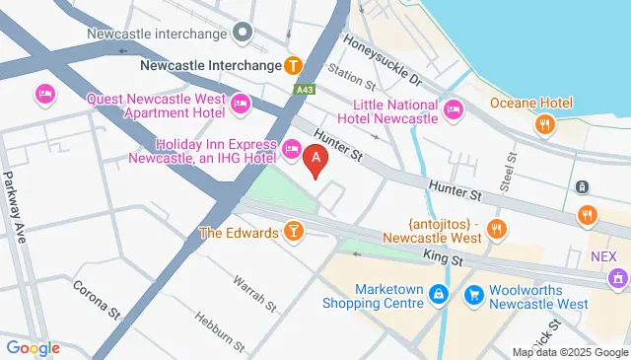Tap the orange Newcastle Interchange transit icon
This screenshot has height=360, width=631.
click(293, 66)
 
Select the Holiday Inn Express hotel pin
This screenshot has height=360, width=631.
click(291, 149)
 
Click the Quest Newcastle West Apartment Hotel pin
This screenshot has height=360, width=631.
click(240, 104)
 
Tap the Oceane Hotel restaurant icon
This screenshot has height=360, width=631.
click(543, 124)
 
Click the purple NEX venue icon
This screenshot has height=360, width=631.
click(617, 276)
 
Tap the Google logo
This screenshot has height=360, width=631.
click(33, 347)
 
